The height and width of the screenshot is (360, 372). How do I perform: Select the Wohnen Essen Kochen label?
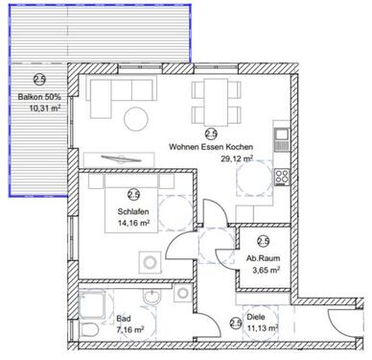(210, 147)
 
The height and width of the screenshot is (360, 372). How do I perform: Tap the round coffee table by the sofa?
(135, 119)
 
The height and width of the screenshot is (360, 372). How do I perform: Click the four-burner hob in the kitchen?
(283, 176)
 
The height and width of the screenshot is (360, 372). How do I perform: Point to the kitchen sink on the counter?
(282, 137)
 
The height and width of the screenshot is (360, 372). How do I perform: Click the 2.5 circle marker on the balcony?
(40, 81)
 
